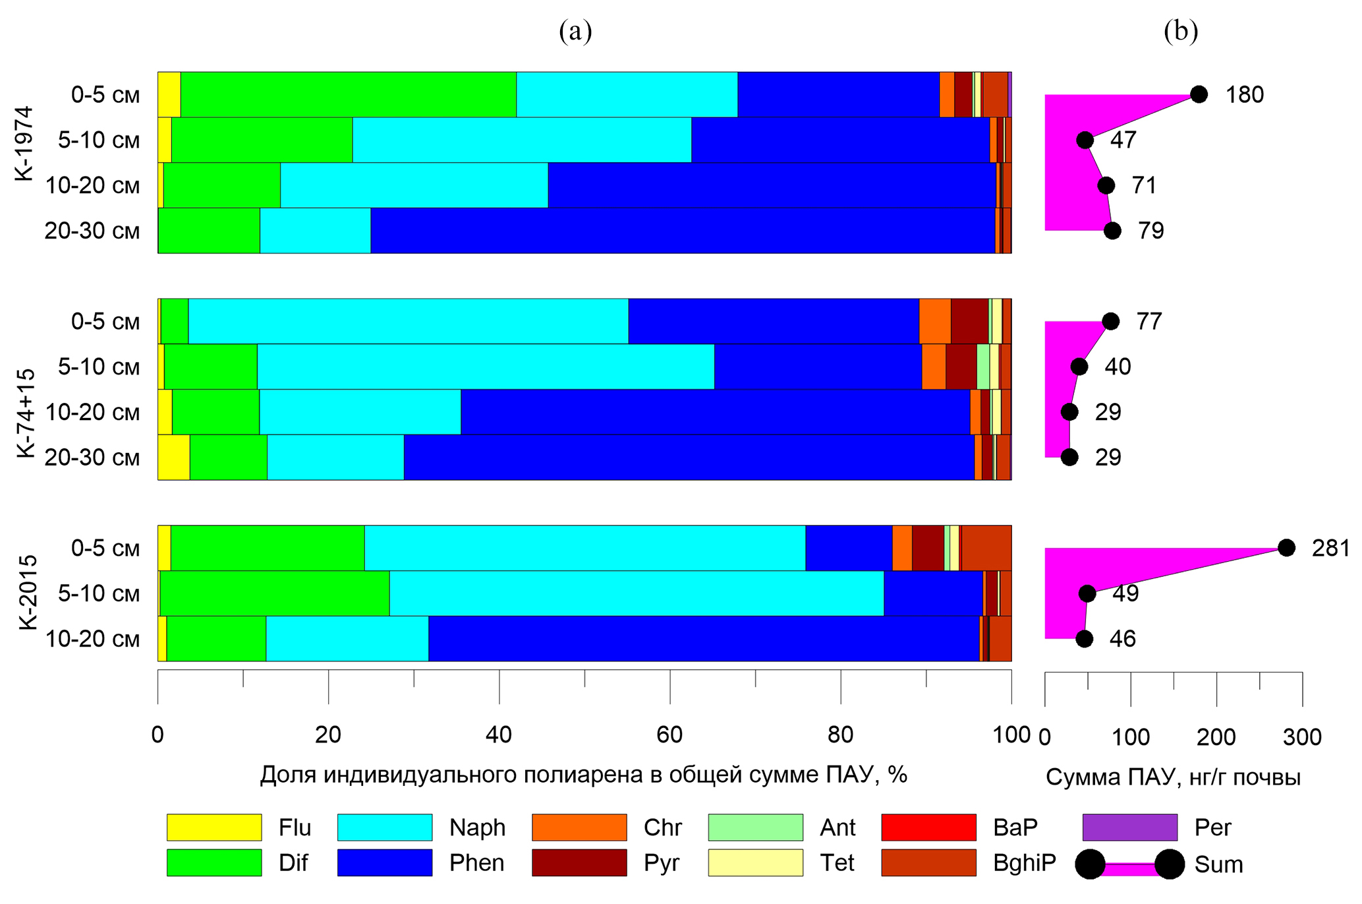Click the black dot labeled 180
[x=1199, y=94]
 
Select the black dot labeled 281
[x=1286, y=547]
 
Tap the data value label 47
[x=1123, y=140]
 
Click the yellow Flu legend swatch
[x=213, y=827]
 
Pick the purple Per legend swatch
[x=1129, y=827]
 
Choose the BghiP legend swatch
[x=928, y=862]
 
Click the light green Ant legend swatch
[x=755, y=827]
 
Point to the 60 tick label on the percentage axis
[x=669, y=735]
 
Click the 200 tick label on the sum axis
[x=1216, y=737]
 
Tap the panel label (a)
[x=575, y=31]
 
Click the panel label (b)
[x=1180, y=31]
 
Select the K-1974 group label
[x=25, y=143]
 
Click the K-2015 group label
[x=28, y=593]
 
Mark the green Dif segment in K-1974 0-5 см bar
[x=348, y=94]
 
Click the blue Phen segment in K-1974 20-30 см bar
[x=682, y=230]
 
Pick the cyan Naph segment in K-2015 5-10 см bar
[x=636, y=593]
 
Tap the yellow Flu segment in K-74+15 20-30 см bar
[x=174, y=457]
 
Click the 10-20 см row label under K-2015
[x=92, y=638]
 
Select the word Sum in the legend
[x=1218, y=864]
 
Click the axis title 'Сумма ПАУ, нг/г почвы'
[x=1173, y=777]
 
